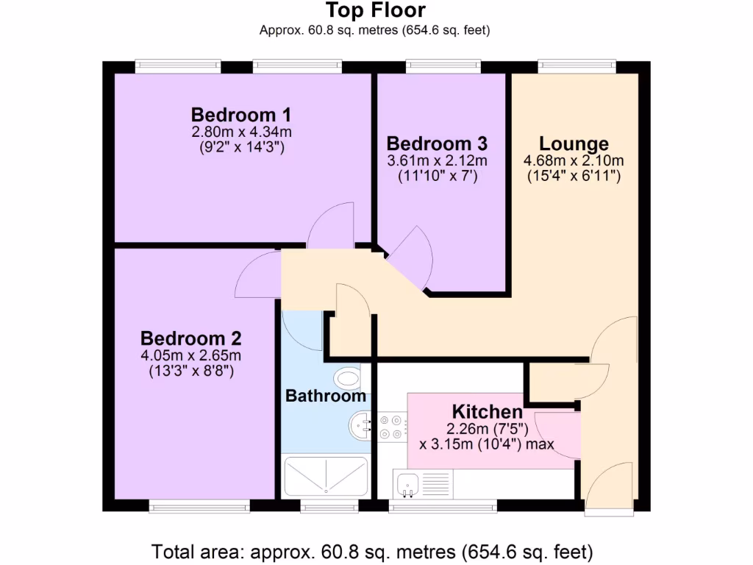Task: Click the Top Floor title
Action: (375, 11)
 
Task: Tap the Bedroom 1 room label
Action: (241, 116)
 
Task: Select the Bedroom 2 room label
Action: (190, 338)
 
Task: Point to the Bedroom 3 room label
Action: (437, 143)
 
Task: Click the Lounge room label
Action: (574, 143)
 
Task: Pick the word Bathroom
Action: (325, 397)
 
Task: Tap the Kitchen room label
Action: (487, 411)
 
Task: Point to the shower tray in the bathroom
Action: (325, 476)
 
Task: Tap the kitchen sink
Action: (406, 483)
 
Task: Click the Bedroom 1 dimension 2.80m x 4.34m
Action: (241, 132)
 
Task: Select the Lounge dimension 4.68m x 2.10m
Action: (574, 161)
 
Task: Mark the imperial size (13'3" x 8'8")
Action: (190, 372)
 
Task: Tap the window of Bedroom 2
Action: (199, 506)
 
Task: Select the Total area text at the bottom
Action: (371, 551)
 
